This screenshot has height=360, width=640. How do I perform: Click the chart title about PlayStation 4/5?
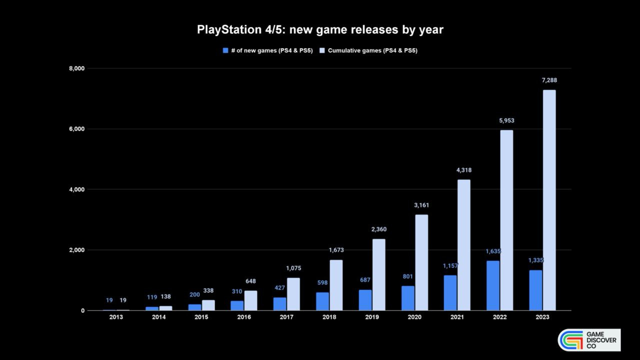(320, 29)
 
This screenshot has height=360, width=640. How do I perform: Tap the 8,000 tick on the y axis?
(76, 68)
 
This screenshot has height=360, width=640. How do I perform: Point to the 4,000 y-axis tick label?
(76, 189)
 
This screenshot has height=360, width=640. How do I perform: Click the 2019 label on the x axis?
(371, 317)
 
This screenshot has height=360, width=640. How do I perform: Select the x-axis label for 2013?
(116, 317)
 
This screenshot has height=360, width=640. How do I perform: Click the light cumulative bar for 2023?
(549, 200)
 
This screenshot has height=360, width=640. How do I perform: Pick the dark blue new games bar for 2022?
(492, 285)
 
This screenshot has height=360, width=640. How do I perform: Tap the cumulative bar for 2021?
(463, 245)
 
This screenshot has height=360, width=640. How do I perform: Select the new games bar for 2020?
(407, 298)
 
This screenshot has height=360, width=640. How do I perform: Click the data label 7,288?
(549, 80)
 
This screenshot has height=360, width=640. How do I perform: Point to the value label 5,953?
(506, 120)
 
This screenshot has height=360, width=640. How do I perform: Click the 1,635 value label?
(492, 251)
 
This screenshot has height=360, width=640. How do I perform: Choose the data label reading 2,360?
(378, 229)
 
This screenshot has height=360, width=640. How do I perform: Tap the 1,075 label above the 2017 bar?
(293, 268)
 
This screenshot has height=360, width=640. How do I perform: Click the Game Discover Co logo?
(589, 340)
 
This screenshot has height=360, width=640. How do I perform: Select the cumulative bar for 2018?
(336, 285)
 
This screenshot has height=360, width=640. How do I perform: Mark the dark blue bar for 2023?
(535, 290)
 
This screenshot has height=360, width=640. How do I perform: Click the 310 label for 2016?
(237, 291)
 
